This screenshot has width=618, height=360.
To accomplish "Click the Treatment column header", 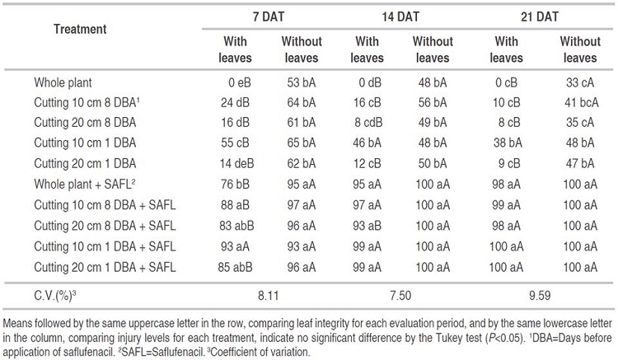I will [80, 29].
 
